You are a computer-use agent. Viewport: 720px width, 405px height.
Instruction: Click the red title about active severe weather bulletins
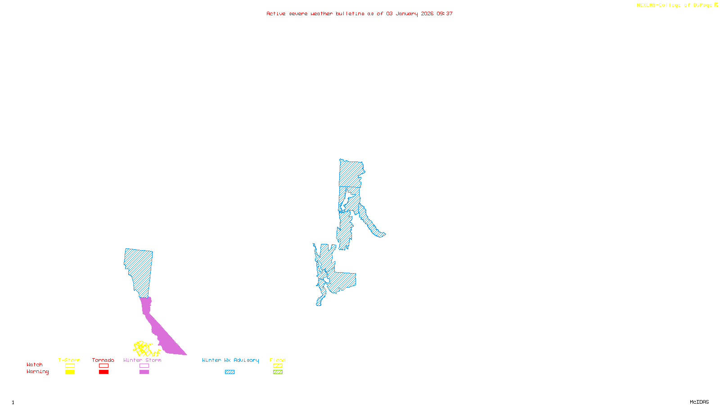[x=360, y=13]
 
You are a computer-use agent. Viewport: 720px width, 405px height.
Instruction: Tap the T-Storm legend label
[x=69, y=360]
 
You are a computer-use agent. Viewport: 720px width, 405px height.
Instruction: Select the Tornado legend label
[x=103, y=360]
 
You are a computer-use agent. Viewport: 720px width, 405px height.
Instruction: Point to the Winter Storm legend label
[x=142, y=360]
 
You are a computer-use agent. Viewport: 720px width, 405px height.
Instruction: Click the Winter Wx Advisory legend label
[x=230, y=360]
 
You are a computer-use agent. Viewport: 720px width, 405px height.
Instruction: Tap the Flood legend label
[x=278, y=360]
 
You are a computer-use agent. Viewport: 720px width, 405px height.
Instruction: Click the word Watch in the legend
[x=35, y=364]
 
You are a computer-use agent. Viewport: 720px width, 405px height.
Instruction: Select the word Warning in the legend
[x=38, y=372]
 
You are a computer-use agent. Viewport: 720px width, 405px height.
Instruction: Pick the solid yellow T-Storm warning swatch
[x=70, y=372]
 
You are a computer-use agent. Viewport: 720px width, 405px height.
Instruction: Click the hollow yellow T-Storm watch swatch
[x=70, y=366]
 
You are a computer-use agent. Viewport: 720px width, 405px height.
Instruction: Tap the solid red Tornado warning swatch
[x=103, y=372]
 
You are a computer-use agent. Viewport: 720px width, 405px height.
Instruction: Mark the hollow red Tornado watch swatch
[x=103, y=366]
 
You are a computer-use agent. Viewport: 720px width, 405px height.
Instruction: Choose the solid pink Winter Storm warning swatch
[x=144, y=372]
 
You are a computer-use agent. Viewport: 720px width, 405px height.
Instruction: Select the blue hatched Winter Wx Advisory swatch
[x=229, y=372]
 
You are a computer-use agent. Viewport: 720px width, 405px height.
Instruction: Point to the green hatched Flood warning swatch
[x=278, y=372]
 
